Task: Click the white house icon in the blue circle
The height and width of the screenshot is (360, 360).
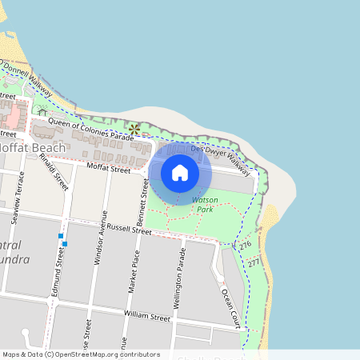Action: coord(180,172)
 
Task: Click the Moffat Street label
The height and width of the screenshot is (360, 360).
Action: coord(109,170)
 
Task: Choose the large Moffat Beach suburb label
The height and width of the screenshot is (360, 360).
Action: coord(33,148)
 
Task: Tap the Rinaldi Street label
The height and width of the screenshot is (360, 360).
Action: coord(54,171)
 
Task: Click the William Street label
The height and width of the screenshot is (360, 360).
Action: coord(147,317)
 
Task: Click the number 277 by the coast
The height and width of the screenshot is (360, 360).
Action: coord(254,262)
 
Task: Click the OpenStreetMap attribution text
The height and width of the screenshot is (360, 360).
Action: coord(81,354)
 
